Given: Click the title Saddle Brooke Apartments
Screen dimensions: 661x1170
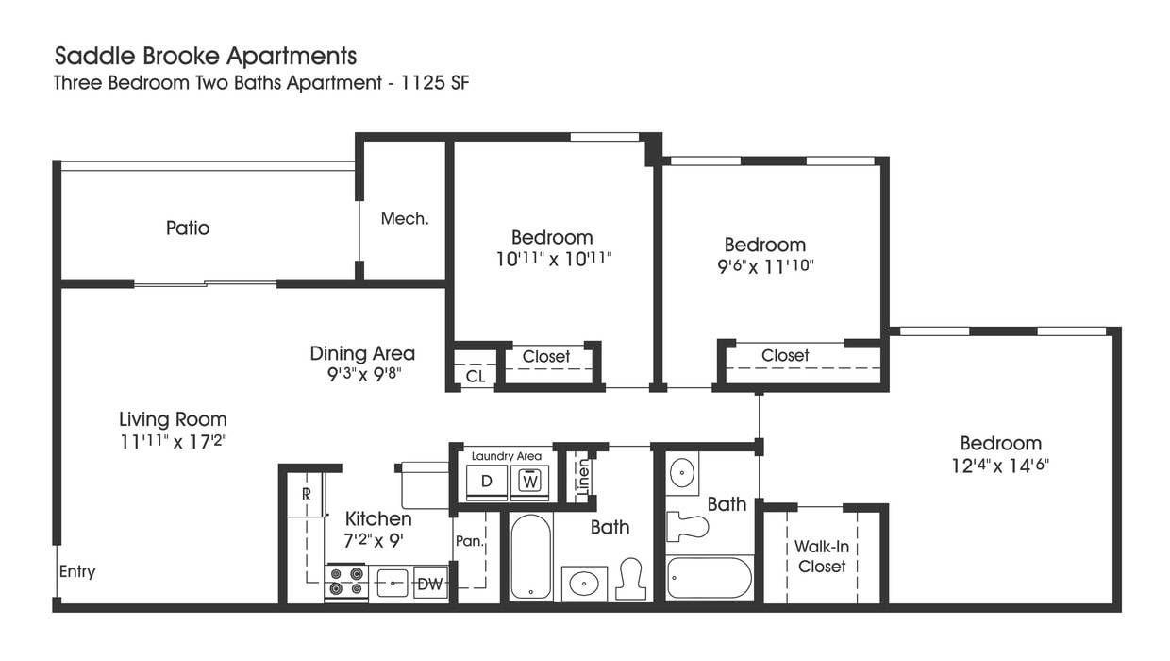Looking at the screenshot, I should tap(206, 56).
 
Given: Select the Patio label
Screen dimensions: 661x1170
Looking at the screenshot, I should tap(188, 228).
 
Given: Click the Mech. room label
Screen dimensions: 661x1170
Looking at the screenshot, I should tap(405, 219).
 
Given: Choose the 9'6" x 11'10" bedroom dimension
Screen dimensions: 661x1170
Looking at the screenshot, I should tap(764, 265).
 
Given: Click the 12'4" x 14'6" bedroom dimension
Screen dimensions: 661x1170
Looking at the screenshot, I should tap(1000, 465).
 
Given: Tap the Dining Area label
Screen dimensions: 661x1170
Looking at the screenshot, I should tap(362, 353).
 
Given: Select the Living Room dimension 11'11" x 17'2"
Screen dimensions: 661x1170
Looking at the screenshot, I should tap(173, 440).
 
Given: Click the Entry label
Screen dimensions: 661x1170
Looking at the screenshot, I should tap(77, 571).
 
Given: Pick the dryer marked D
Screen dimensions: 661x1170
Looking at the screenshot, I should tap(487, 481).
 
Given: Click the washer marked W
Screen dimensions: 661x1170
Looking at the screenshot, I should tap(529, 481).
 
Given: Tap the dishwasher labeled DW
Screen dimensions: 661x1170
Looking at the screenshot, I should tap(429, 584).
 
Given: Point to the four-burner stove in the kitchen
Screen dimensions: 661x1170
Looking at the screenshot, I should tap(345, 582).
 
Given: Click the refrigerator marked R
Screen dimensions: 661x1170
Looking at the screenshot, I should tap(307, 494).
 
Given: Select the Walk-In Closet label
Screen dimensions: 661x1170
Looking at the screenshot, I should tap(822, 556).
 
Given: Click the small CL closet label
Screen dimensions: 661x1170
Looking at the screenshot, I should tap(476, 376).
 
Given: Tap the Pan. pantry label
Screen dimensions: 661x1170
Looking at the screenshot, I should tap(469, 541).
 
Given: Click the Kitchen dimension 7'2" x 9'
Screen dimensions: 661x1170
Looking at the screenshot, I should tap(378, 541).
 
